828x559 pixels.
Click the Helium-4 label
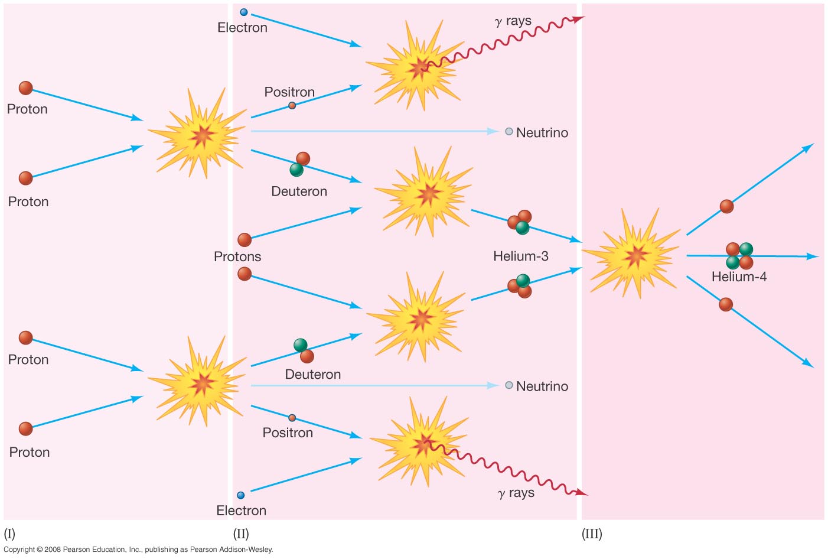tap(739, 277)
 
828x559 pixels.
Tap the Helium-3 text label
tap(520, 256)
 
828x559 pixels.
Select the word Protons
tap(237, 256)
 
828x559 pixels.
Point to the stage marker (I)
tap(9, 534)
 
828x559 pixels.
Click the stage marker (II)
tap(241, 534)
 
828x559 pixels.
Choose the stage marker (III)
tap(592, 534)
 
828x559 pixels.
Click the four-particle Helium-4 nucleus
tap(739, 255)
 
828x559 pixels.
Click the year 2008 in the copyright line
tap(53, 550)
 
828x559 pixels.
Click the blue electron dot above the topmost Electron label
tap(244, 12)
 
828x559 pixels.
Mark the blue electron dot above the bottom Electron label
tap(240, 495)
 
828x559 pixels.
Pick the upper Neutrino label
tap(542, 132)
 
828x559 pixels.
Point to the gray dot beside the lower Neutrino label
tap(509, 385)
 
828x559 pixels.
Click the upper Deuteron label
tap(299, 191)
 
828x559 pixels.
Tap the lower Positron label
tap(288, 433)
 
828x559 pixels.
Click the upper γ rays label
tap(513, 21)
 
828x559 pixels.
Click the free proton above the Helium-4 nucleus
tap(726, 206)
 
